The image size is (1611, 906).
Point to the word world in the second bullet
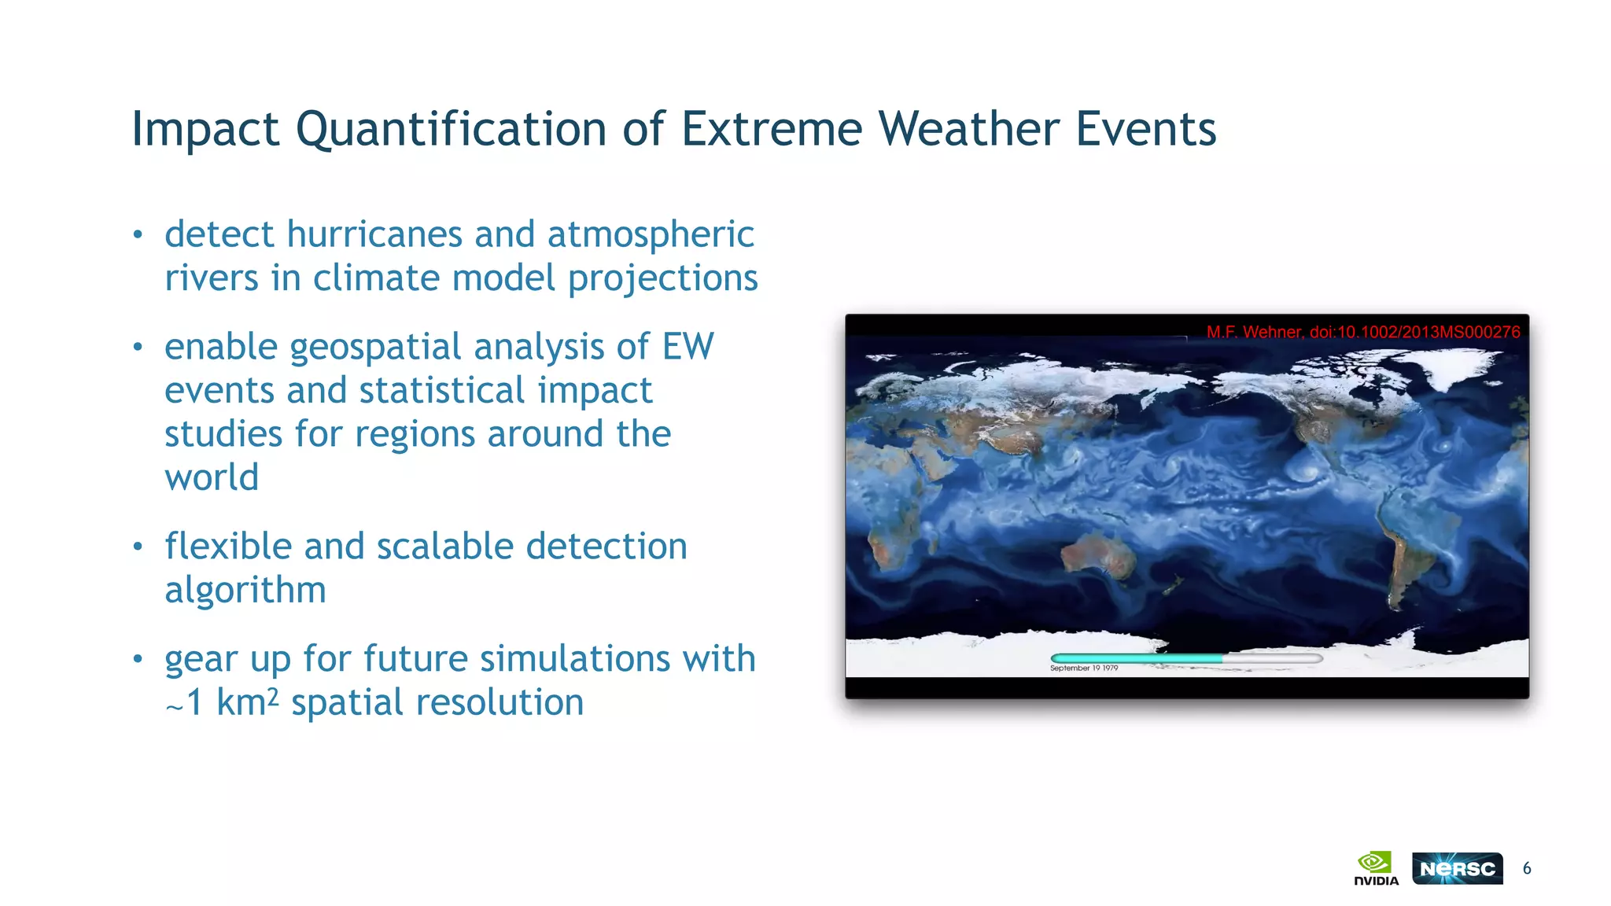pos(212,477)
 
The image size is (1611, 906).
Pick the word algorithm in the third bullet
pos(245,590)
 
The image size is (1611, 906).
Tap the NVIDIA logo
pos(1376,868)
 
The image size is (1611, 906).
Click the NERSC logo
pos(1457,868)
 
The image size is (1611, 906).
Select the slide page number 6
pos(1527,868)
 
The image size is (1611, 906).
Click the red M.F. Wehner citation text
pos(1362,332)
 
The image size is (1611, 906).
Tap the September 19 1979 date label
pos(1083,668)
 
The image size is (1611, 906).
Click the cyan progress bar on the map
pos(1137,657)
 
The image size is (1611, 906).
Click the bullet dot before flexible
pos(138,547)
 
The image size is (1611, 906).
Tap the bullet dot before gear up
pos(138,659)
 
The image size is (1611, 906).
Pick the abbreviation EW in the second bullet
pos(688,348)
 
